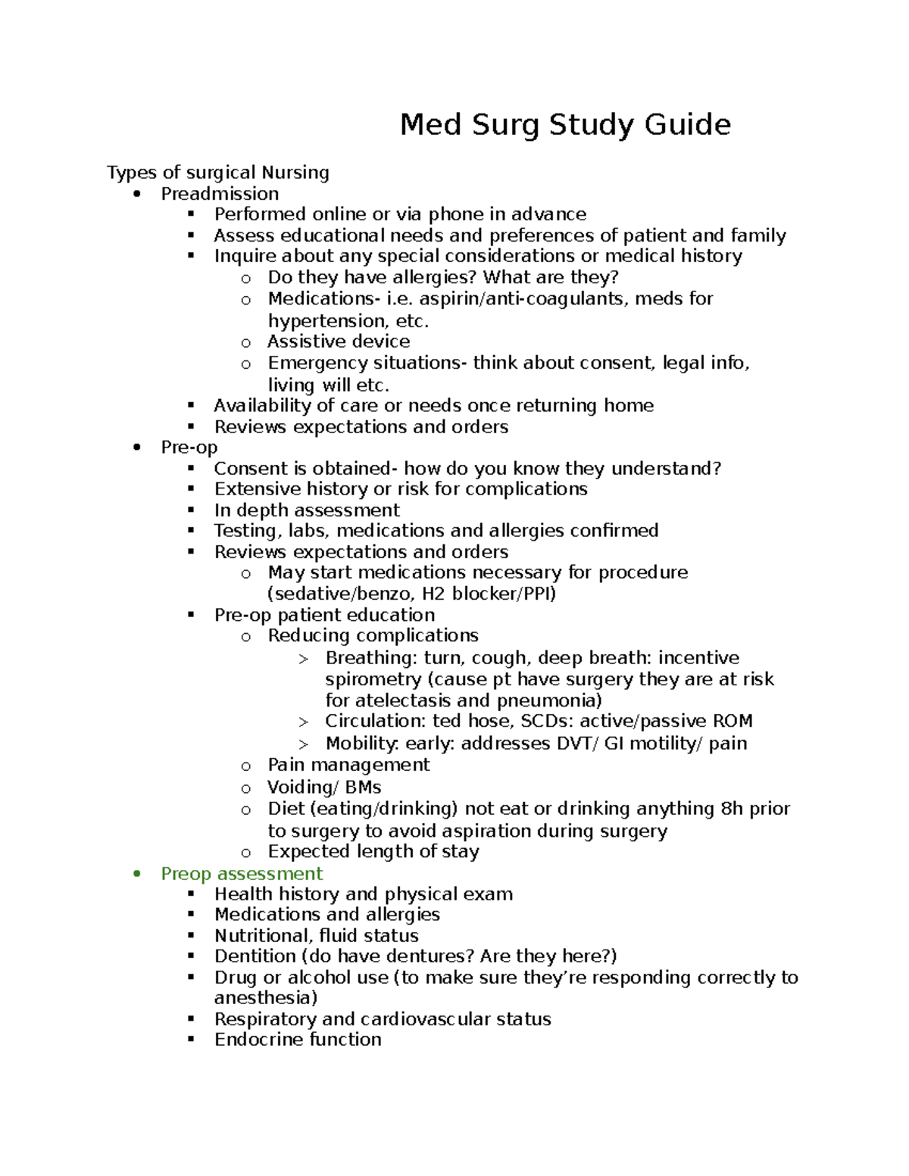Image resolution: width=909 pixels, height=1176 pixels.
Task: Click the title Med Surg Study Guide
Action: pyautogui.click(x=565, y=124)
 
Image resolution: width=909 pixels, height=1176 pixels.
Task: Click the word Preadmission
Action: pyautogui.click(x=220, y=194)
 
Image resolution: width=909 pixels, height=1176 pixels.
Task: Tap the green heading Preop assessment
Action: pyautogui.click(x=242, y=874)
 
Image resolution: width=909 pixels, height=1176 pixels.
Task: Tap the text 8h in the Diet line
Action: pyautogui.click(x=731, y=809)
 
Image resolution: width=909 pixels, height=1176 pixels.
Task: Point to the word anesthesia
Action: pyautogui.click(x=265, y=998)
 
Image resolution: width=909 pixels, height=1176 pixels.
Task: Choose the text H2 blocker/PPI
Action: pyautogui.click(x=489, y=594)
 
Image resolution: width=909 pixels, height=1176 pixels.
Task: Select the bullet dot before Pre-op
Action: pyautogui.click(x=136, y=448)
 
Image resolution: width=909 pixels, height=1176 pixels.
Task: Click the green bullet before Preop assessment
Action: pyautogui.click(x=136, y=874)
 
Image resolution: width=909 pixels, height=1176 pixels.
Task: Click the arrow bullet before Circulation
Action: pyautogui.click(x=304, y=722)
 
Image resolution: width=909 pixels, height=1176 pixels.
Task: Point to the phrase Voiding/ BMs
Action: pyautogui.click(x=324, y=788)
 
